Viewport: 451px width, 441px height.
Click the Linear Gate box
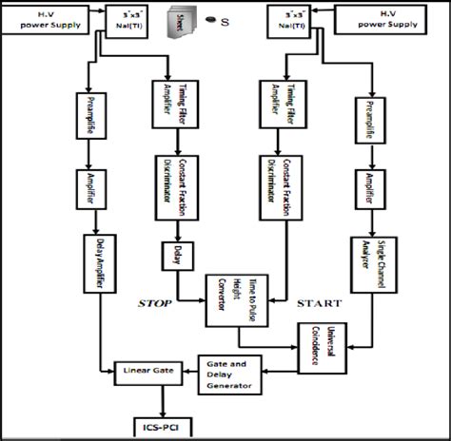(144, 368)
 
